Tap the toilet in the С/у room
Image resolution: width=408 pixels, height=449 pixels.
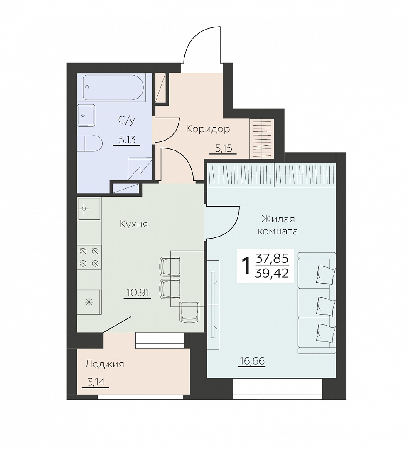click(x=90, y=144)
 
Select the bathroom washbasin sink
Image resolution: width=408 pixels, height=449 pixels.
click(x=86, y=115)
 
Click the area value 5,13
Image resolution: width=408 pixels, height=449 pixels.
click(x=127, y=140)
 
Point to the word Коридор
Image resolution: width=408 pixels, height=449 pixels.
click(x=208, y=129)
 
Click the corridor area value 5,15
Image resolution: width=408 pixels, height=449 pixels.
click(x=224, y=148)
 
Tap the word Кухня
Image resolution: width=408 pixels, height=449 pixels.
click(x=134, y=224)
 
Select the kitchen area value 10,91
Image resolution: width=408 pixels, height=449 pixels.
click(x=138, y=293)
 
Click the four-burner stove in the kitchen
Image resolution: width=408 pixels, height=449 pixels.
click(x=89, y=257)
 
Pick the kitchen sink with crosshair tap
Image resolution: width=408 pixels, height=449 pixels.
click(x=89, y=208)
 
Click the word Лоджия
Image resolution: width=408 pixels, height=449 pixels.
click(x=105, y=364)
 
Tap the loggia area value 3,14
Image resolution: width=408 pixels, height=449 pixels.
click(x=96, y=382)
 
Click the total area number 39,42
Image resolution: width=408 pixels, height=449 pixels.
click(x=272, y=274)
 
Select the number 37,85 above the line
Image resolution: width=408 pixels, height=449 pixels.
click(x=272, y=259)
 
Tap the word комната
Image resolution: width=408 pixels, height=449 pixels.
click(x=278, y=232)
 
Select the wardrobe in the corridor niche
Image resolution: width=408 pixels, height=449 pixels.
click(x=262, y=138)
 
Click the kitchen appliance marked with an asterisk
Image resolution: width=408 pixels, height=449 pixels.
click(x=89, y=302)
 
